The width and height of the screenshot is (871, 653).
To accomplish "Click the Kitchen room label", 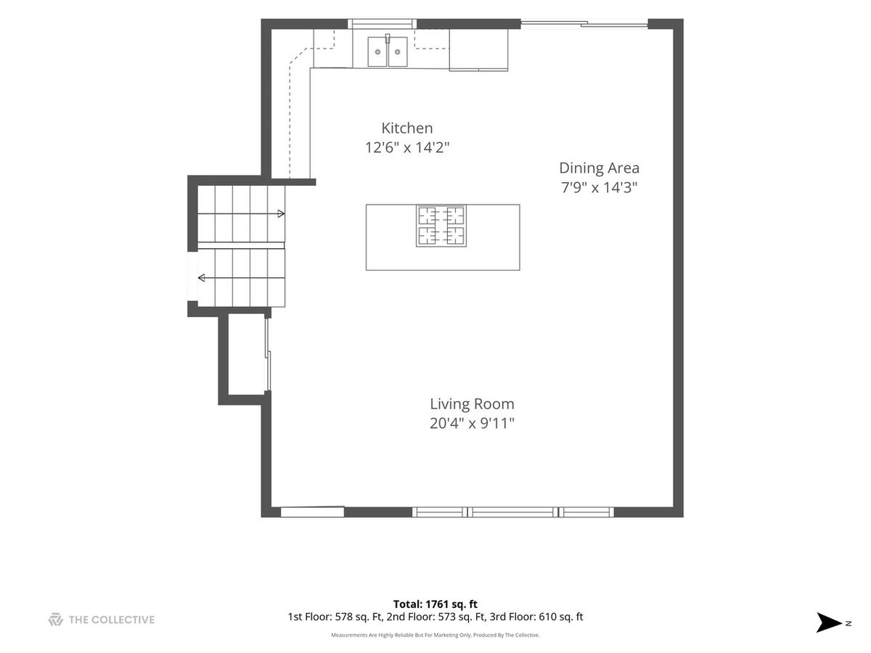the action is pos(406,128).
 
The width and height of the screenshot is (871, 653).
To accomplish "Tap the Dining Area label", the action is pos(599,168).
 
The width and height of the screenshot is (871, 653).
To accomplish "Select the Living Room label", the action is pos(472,404).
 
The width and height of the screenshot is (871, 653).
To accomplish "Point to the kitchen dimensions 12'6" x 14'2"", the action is pos(406,147).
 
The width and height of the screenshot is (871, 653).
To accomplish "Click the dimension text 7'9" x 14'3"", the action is pos(599,187).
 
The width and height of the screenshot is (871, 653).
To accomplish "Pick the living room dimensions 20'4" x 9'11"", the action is pos(472,424).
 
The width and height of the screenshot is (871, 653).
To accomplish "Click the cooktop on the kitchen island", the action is pos(441,226).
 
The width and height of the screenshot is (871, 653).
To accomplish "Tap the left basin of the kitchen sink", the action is pos(377,52).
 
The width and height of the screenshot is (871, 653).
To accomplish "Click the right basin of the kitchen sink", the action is pos(398,52).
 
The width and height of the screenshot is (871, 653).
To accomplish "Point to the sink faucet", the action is pos(388,38).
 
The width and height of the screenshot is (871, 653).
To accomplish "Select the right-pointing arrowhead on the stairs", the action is pos(281,214).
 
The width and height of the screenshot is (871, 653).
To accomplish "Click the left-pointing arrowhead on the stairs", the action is pos(202,278).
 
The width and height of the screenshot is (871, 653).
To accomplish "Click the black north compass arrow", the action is pos(829,623).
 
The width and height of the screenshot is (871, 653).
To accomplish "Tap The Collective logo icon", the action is pos(56,620).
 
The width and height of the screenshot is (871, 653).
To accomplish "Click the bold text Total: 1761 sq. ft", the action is pos(435,604).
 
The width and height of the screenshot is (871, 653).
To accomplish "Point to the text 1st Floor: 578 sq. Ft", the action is pos(335,617).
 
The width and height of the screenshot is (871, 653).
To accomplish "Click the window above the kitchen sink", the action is pos(383,24).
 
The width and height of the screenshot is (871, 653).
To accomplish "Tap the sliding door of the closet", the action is pos(268,354).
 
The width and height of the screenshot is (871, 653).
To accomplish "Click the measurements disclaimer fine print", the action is pos(435,635).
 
